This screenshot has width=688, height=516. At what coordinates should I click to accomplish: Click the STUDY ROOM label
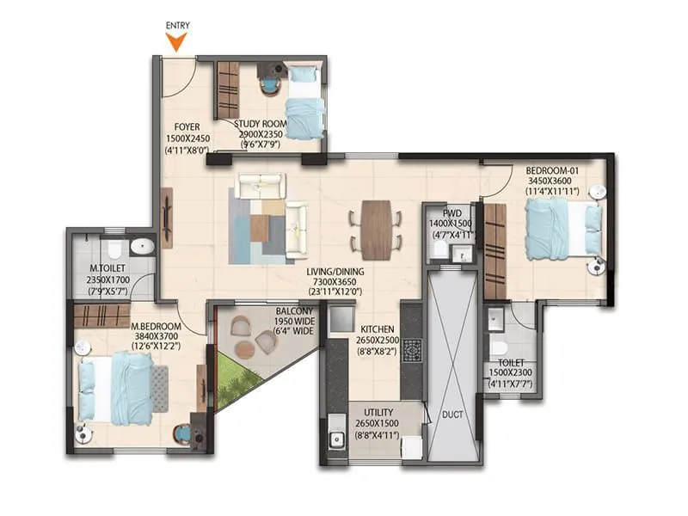pos(261,124)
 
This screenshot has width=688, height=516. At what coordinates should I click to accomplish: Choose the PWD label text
pos(453,212)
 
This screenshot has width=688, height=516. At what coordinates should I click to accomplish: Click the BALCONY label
pos(293,311)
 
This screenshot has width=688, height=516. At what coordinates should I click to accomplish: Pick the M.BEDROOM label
pos(156,327)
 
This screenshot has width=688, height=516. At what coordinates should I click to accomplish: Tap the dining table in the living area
pos(376,230)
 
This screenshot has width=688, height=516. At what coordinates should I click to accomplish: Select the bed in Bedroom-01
pos(557,228)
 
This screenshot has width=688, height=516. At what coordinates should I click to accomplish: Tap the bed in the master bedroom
pos(120,387)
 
